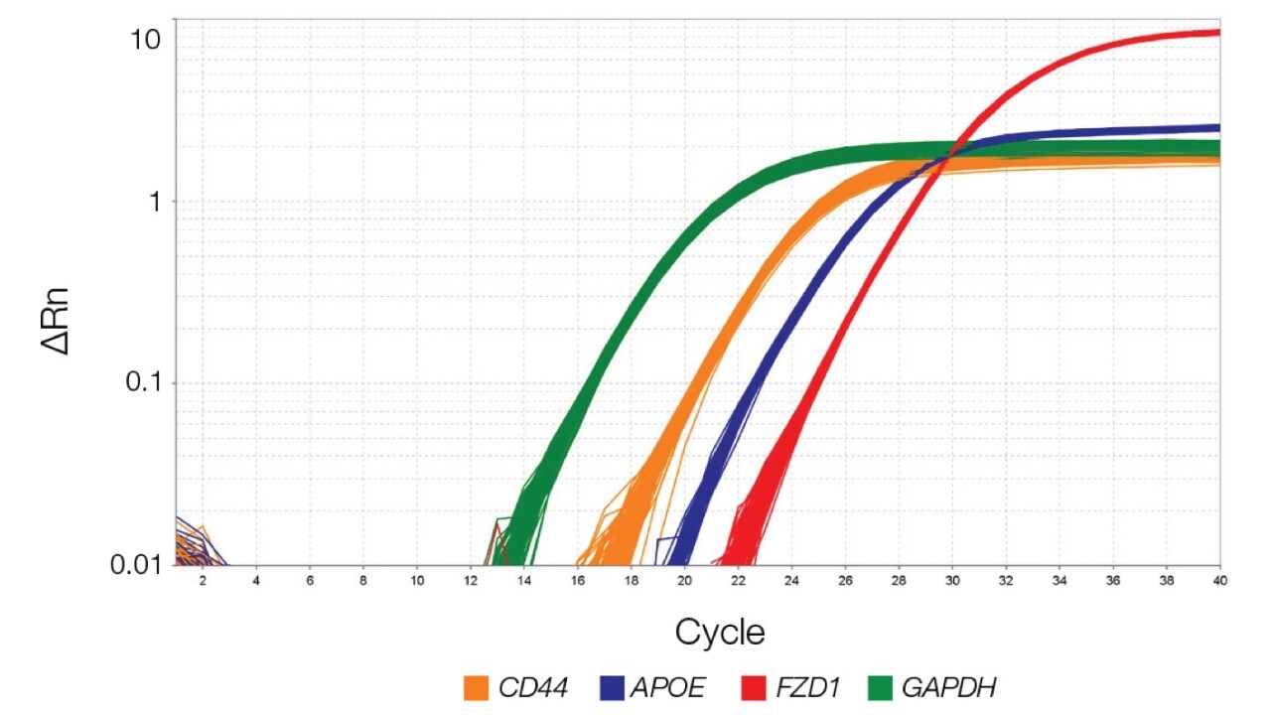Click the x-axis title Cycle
[720, 632]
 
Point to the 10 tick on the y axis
[145, 40]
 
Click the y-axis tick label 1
[153, 202]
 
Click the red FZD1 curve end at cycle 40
[1217, 33]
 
